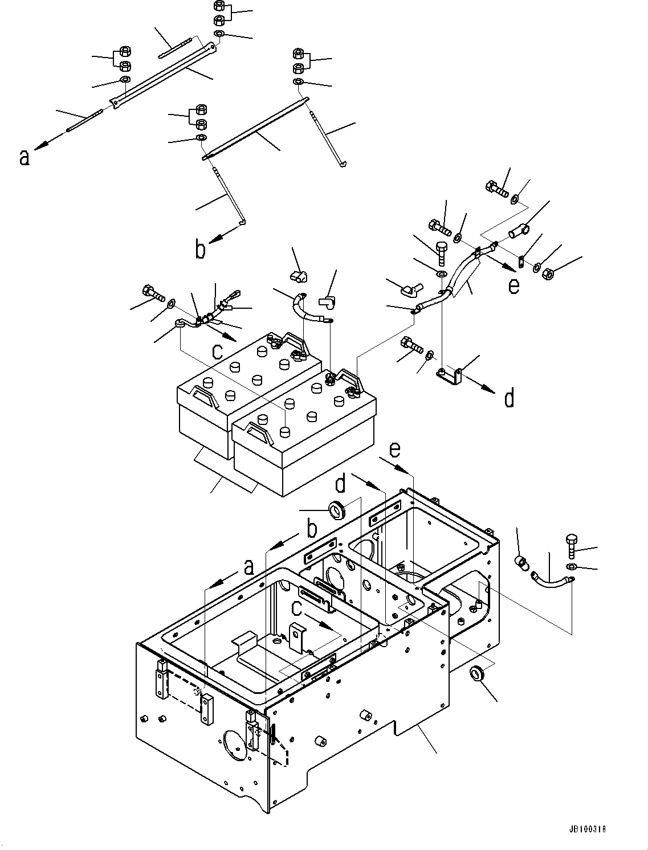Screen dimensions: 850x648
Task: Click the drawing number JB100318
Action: tap(586, 829)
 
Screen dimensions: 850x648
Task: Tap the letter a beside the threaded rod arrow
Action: tap(24, 157)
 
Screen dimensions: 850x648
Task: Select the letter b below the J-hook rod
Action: tap(200, 250)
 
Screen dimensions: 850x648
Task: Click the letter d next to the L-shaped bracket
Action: tap(510, 398)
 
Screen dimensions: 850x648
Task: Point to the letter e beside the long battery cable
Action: tap(514, 285)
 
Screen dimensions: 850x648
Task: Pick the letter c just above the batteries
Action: tap(217, 352)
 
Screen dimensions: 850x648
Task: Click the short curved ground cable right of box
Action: tap(550, 583)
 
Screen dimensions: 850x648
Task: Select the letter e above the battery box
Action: tap(395, 450)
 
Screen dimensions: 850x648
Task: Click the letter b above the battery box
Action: tap(312, 529)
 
